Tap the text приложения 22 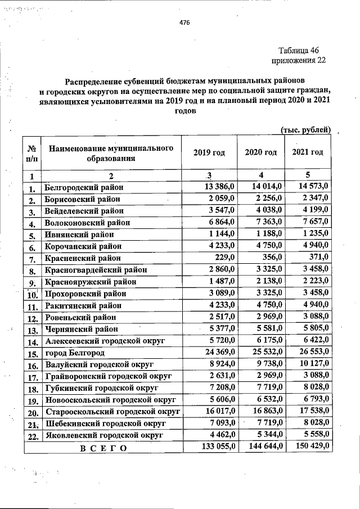298,60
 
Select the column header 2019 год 209,152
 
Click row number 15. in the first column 32,353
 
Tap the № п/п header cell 31,152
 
